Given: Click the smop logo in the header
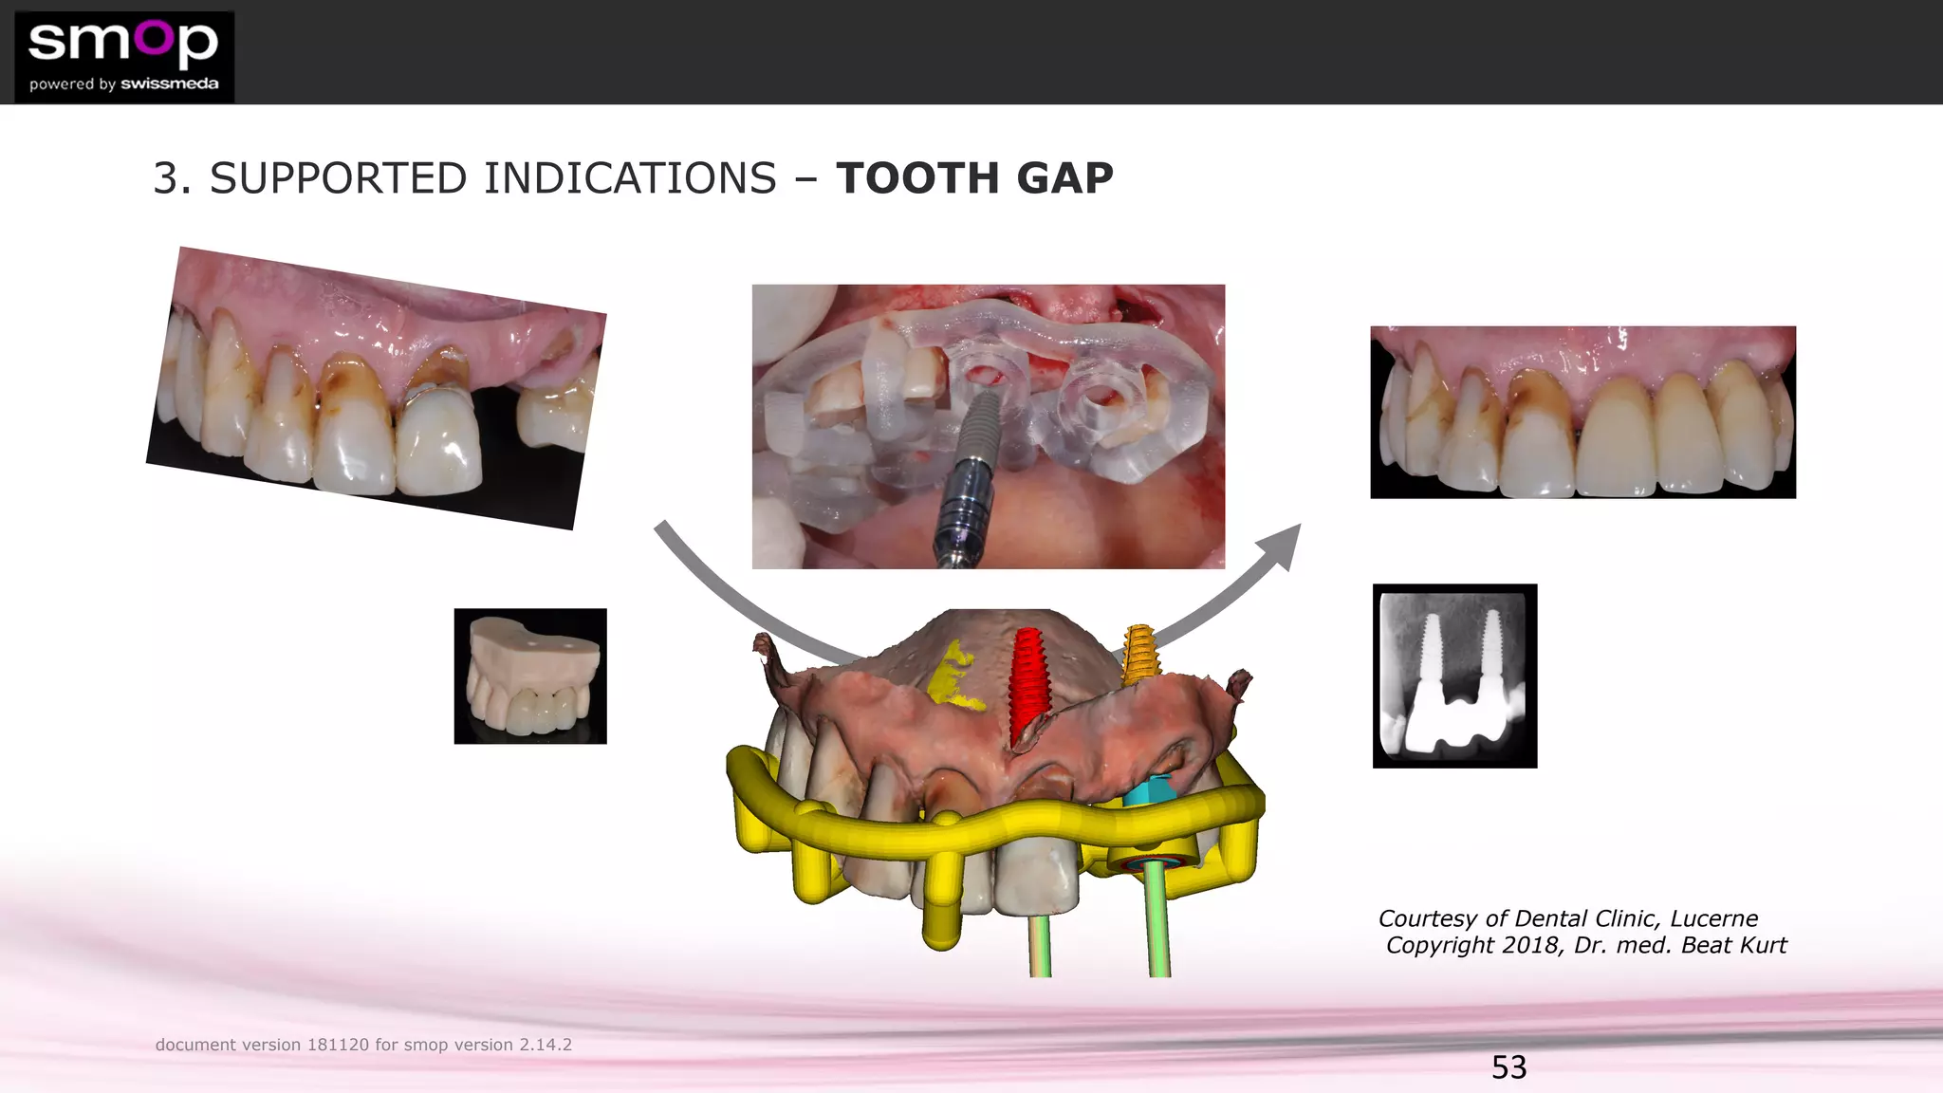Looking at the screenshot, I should (x=123, y=56).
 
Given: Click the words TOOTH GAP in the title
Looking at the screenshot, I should (x=974, y=178).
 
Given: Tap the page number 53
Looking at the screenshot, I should (x=1508, y=1067).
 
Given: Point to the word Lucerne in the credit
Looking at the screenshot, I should (x=1713, y=918).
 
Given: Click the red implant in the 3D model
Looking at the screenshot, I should (x=1027, y=682).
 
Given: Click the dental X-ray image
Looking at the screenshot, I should (x=1454, y=676).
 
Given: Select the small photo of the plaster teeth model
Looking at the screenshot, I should (x=530, y=676).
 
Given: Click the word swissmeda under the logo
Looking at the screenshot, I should (x=170, y=83).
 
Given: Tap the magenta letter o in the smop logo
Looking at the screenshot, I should (x=152, y=38).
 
